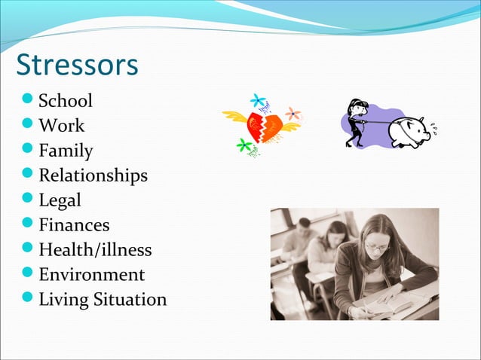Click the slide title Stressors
(77, 65)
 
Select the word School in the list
(66, 101)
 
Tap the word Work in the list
(62, 126)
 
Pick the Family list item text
(66, 151)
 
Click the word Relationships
(93, 175)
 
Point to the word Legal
(60, 200)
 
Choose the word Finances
(74, 224)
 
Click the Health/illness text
(95, 249)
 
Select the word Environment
(91, 274)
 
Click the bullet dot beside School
(28, 101)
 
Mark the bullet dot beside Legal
(28, 200)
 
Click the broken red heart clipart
(260, 124)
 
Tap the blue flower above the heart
(259, 99)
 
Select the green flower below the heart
(244, 145)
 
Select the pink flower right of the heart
(293, 114)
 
